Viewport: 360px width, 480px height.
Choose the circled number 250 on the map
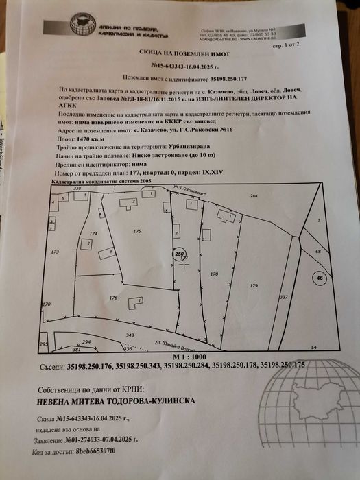tap(180, 254)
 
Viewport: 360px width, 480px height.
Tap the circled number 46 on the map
tap(319, 278)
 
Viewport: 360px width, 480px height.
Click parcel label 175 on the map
tap(137, 232)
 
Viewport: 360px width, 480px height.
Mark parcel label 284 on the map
tap(253, 196)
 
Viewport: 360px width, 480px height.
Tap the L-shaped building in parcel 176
tap(137, 301)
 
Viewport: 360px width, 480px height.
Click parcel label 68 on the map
tap(317, 252)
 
